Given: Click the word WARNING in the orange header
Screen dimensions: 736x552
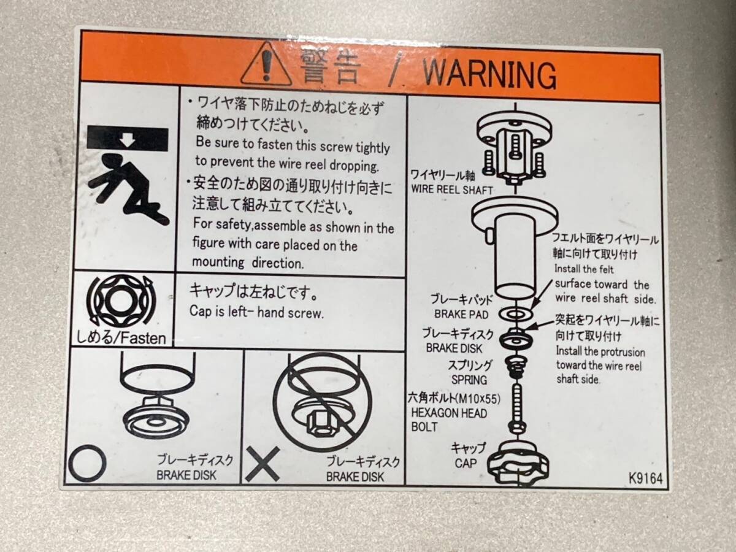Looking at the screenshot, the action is coord(489,74).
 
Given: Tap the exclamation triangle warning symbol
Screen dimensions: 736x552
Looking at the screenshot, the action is coord(266,64).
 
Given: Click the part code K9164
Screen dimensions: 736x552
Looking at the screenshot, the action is coord(645,478).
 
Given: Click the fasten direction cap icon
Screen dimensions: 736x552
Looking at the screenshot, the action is coord(121,300).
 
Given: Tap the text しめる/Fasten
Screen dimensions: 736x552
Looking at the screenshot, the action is coord(121,337).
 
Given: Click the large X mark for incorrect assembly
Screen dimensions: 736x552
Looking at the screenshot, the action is coord(263,464).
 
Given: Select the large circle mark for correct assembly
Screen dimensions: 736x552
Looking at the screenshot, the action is coord(88,463).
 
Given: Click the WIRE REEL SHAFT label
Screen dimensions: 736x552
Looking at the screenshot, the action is coord(451,190).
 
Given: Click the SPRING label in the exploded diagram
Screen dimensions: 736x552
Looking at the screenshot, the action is coord(469,380).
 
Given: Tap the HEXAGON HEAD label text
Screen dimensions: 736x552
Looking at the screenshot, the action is coord(449,413).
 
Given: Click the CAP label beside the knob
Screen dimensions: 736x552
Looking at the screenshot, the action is coord(466,463).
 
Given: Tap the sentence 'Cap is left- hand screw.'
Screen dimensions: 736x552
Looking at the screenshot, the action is coord(256,312).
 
